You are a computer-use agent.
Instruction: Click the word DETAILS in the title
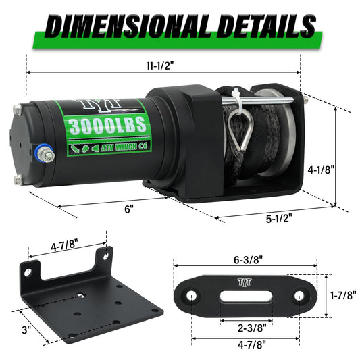[x=259, y=26]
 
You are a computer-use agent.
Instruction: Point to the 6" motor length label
[x=128, y=209]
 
